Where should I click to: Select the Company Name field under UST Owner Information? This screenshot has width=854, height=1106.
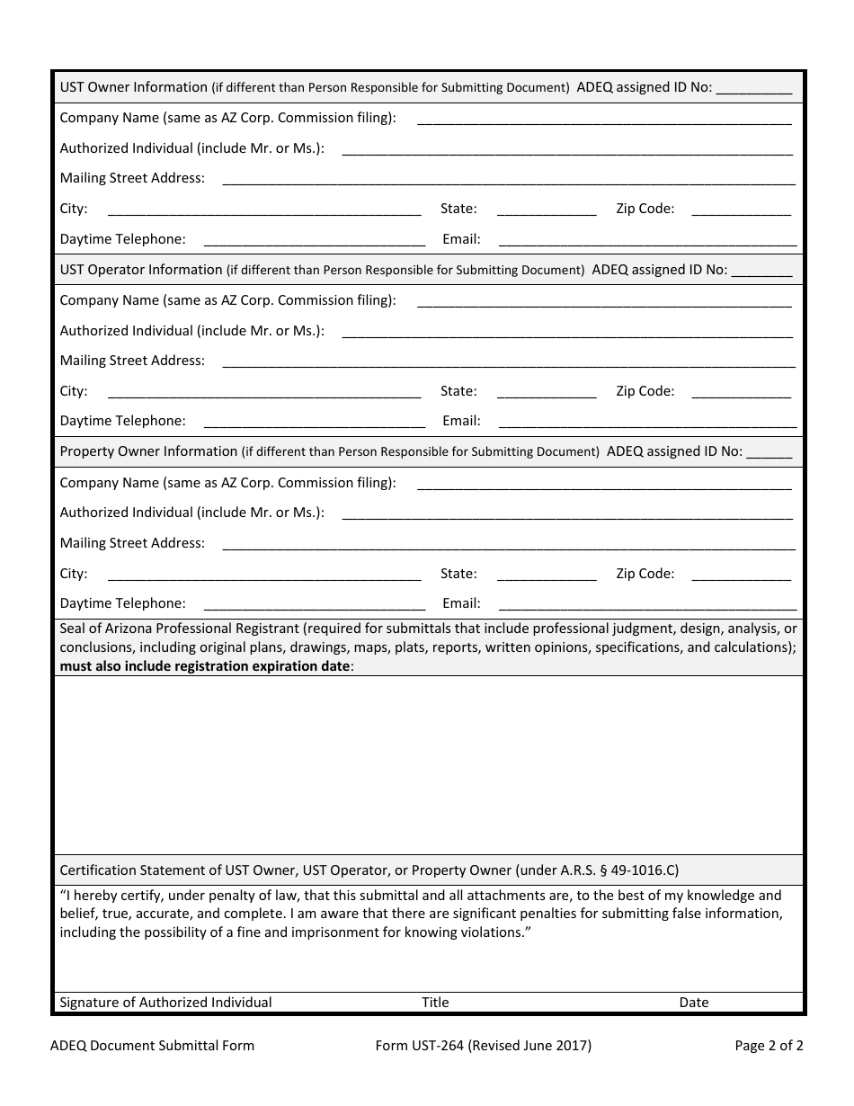604,119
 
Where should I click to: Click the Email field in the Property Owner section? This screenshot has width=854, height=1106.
647,604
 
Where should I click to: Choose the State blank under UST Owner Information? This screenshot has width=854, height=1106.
546,210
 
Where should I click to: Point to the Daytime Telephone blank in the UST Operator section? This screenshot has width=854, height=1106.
315,422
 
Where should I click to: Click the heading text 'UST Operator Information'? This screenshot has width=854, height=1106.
141,270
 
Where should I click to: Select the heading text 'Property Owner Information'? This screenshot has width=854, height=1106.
148,451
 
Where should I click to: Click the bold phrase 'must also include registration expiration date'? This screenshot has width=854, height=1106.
205,666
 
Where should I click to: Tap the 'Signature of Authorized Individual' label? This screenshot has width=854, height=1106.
165,1003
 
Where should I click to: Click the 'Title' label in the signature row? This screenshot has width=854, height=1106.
435,1003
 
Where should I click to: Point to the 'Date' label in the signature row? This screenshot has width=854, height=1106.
694,1003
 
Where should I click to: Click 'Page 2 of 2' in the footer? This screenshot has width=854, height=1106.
769,1046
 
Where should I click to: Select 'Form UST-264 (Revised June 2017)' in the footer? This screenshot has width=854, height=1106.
484,1046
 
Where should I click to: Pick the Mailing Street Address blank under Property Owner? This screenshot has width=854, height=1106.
508,544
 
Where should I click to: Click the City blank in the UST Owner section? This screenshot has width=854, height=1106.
263,210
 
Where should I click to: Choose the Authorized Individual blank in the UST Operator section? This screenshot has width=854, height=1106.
566,332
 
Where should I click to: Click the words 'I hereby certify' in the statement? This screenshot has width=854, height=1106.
111,896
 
